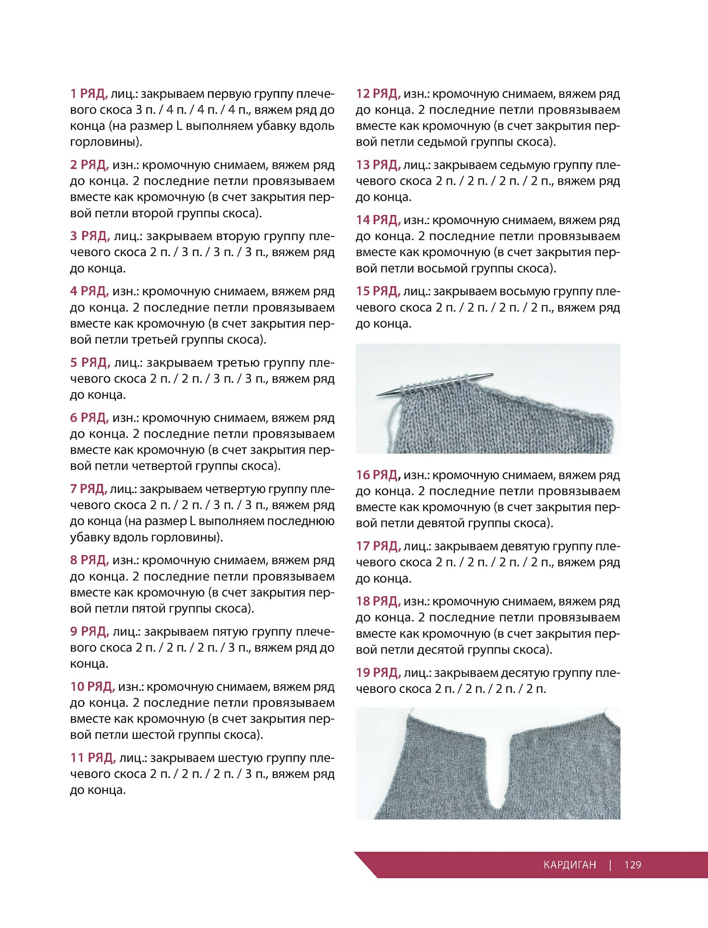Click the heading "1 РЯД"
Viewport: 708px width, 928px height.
click(89, 94)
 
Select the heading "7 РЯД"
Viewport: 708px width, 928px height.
click(89, 489)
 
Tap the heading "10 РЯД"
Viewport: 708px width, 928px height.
click(92, 687)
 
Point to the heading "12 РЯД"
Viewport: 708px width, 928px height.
click(378, 94)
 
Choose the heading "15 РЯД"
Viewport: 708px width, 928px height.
click(378, 291)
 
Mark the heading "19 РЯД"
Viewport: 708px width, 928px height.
click(378, 673)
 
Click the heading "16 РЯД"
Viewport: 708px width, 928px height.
click(378, 475)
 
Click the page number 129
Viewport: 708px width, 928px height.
click(633, 865)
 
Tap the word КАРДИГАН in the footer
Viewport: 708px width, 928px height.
click(570, 865)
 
